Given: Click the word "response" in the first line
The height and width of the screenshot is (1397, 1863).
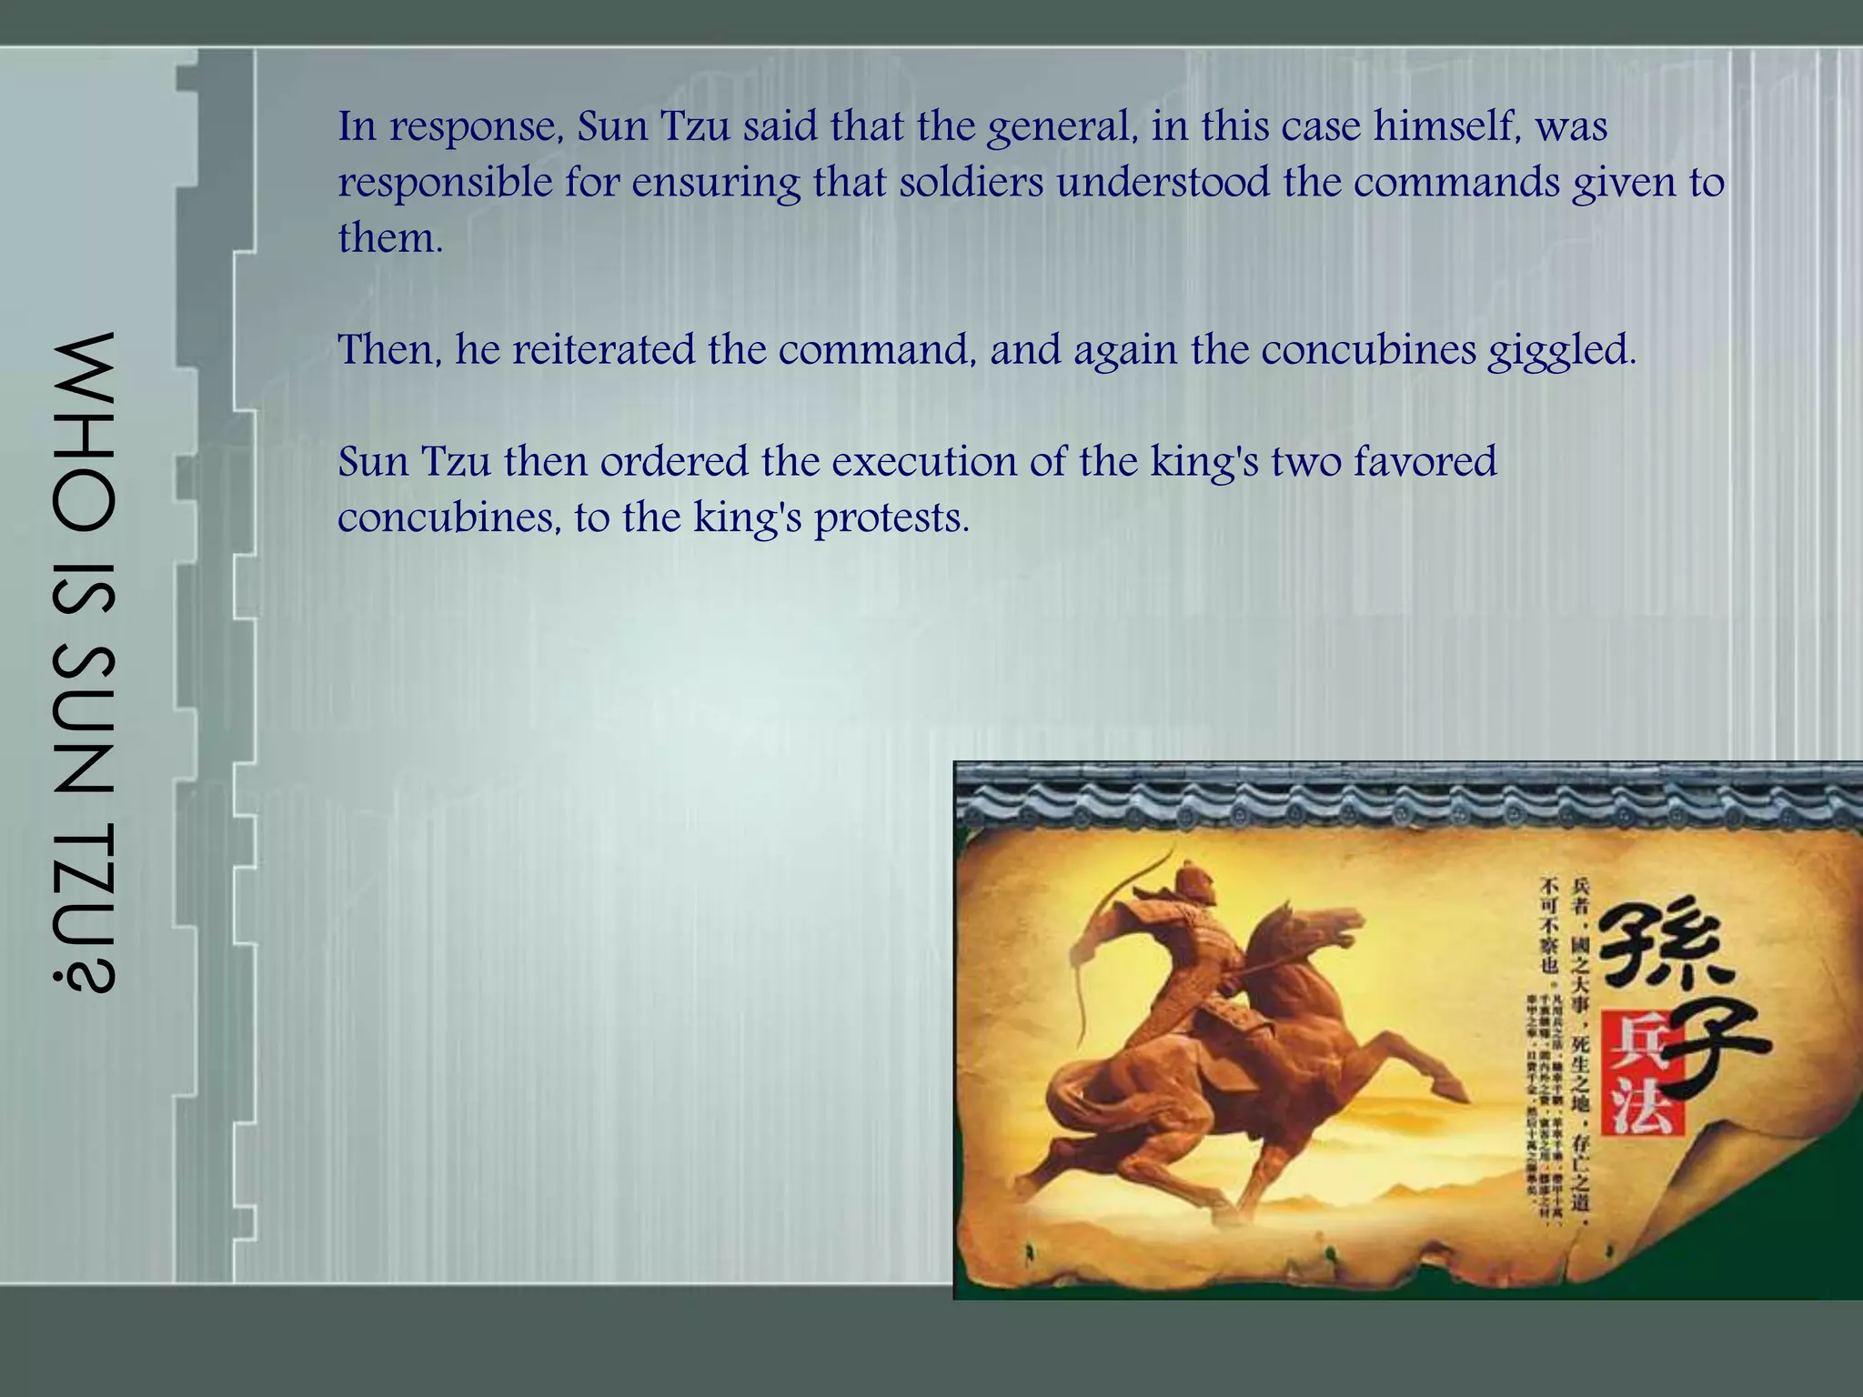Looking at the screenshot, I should point(473,126).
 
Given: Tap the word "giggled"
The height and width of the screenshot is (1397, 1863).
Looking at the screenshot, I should point(1561,351).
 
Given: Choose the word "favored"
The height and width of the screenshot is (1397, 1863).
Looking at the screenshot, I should point(1425,461).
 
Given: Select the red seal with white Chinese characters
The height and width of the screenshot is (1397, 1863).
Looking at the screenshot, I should point(1646,1074).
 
